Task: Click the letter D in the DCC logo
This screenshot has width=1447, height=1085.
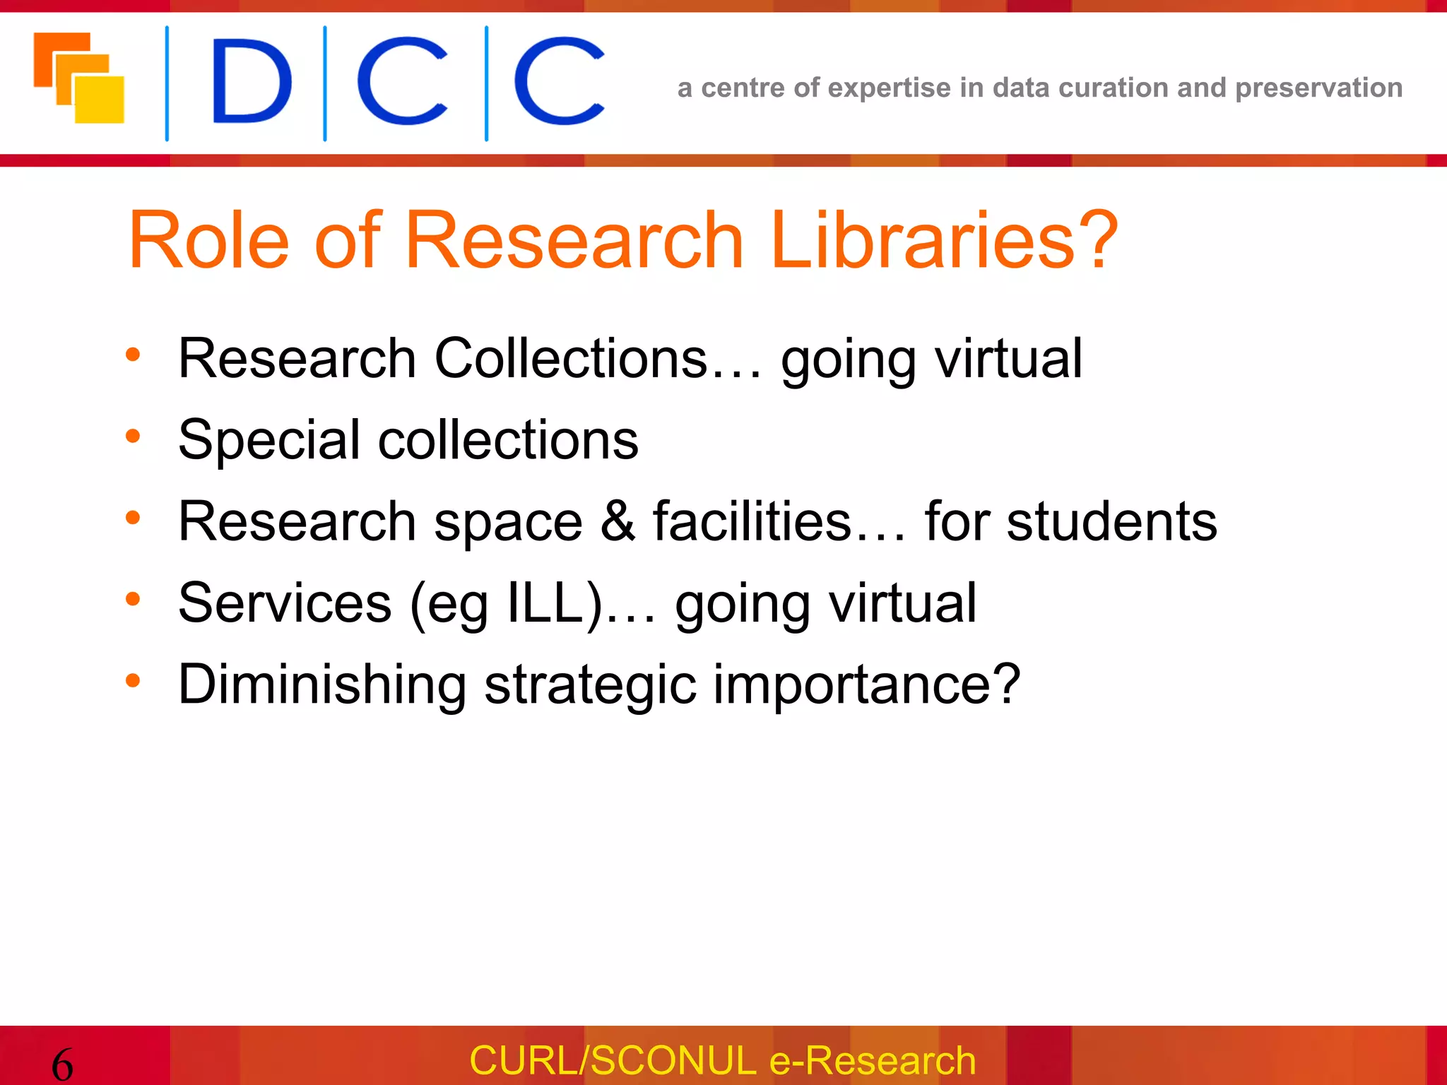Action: pos(251,81)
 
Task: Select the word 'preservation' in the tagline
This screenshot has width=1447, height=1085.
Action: pos(1318,88)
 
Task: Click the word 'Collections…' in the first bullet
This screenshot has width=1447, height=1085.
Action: pos(598,358)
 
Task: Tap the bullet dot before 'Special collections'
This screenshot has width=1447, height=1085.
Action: pos(133,437)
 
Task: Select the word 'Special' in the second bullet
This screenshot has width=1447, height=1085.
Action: pos(269,440)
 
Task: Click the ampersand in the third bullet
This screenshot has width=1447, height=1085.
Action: pos(618,521)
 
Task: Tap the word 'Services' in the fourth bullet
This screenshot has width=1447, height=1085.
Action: pos(285,603)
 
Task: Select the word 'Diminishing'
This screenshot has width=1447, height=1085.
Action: pos(322,684)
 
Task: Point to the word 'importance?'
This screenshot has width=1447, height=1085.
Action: pos(866,684)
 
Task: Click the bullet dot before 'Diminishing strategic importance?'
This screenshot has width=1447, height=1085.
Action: pos(133,681)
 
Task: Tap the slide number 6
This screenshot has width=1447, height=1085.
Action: pos(62,1064)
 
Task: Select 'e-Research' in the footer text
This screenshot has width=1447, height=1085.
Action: pos(872,1060)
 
